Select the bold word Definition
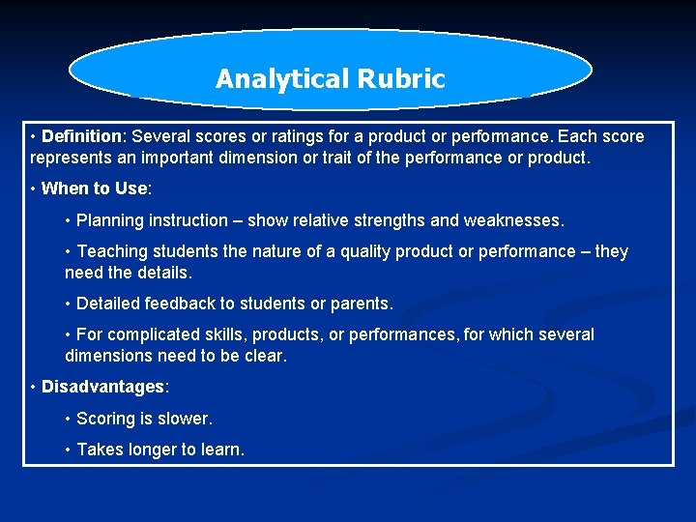[x=81, y=136]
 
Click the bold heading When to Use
[x=94, y=188]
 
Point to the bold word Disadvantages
[x=102, y=387]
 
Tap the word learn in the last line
[x=221, y=449]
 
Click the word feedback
[x=180, y=304]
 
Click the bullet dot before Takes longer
[x=68, y=449]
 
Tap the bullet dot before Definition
[x=34, y=136]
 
